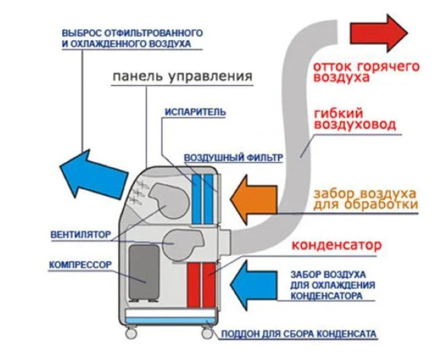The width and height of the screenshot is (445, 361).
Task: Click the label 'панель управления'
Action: pos(180,77)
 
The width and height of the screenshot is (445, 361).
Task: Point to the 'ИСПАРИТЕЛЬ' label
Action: pos(186,112)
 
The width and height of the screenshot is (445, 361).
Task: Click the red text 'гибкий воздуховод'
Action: pos(354,119)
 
